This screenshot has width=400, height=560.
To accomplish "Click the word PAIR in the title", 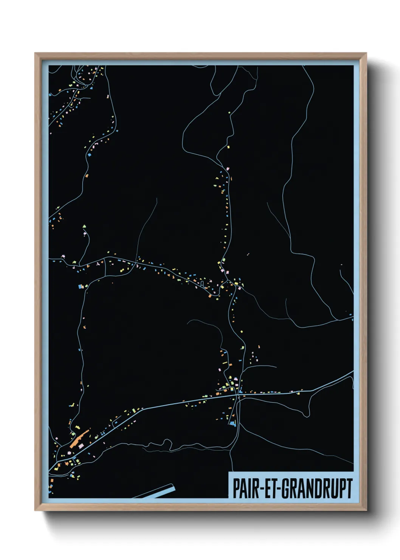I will coord(245,488).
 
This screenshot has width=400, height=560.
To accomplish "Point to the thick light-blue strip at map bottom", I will coord(159,492).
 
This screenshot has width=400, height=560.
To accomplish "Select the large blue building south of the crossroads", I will coord(232,424).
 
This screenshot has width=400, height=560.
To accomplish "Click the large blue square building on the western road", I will coord(80,287).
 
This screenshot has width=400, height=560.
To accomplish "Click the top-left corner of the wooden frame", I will coord(35,53).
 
